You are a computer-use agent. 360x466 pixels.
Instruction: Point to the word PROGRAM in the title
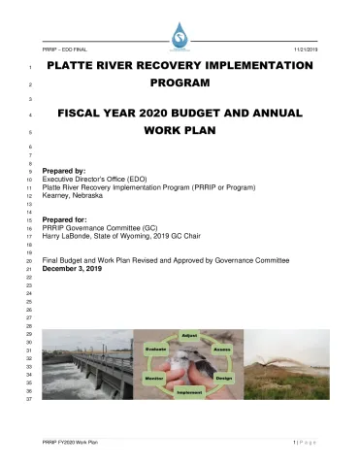pyautogui.click(x=180, y=84)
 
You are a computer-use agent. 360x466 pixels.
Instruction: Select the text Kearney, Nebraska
pyautogui.click(x=73, y=194)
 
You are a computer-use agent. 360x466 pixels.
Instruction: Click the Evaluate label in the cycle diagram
pyautogui.click(x=155, y=347)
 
